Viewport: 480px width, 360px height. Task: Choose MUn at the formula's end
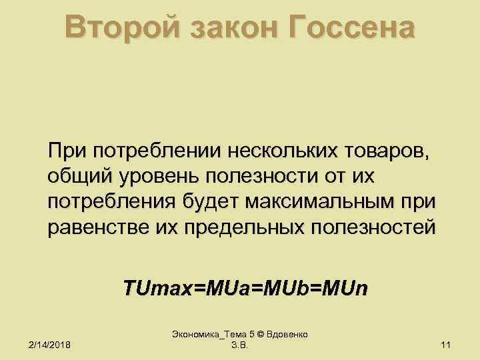coord(348,289)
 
